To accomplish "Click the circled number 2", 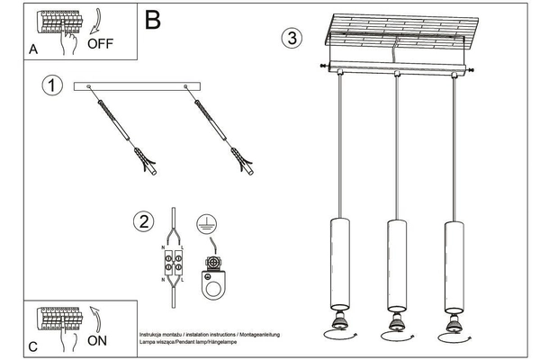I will (142, 221).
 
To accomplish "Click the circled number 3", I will (290, 39).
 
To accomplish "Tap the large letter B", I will (153, 17).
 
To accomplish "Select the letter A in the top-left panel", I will (32, 51).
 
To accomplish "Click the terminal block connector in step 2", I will (171, 264).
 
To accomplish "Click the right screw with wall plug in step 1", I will (223, 130).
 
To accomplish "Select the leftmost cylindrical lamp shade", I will (339, 262).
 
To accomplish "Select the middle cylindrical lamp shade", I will (395, 262).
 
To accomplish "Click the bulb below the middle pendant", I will (395, 321).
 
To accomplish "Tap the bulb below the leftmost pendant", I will (339, 321).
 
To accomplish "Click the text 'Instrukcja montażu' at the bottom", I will (162, 333).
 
